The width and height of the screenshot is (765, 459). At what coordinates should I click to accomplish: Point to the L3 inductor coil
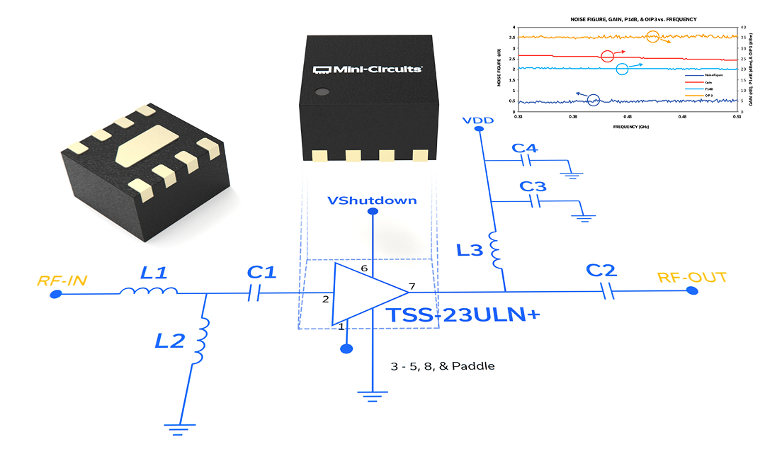496,251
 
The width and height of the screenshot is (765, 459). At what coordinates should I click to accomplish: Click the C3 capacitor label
533,187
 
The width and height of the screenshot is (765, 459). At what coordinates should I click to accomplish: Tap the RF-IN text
62,280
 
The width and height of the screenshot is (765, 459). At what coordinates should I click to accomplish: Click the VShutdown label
372,200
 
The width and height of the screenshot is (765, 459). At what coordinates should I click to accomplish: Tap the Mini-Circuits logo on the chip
368,69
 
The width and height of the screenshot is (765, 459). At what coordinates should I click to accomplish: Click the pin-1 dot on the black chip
322,91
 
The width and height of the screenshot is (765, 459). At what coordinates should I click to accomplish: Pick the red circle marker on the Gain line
607,56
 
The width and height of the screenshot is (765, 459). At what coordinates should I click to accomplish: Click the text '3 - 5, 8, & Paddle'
443,366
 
